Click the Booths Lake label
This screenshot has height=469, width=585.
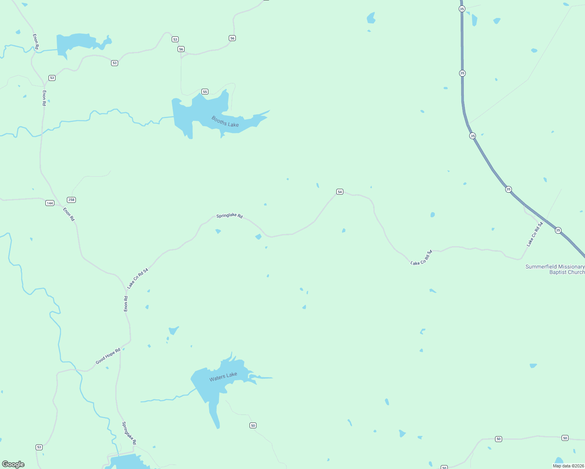pyautogui.click(x=225, y=121)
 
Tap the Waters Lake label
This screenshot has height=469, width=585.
pyautogui.click(x=223, y=377)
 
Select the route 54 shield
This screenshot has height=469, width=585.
pyautogui.click(x=340, y=192)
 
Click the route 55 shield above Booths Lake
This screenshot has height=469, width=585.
pyautogui.click(x=205, y=91)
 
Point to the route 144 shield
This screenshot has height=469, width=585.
pyautogui.click(x=50, y=203)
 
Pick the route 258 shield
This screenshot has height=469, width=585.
pyautogui.click(x=71, y=200)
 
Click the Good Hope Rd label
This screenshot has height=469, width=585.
pyautogui.click(x=108, y=356)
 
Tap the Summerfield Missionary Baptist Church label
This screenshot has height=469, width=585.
pyautogui.click(x=555, y=269)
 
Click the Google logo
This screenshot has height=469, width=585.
pyautogui.click(x=13, y=464)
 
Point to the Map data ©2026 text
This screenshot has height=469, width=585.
pyautogui.click(x=568, y=466)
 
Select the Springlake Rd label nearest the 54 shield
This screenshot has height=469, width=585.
pyautogui.click(x=230, y=216)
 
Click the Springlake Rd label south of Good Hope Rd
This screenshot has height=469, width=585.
pyautogui.click(x=129, y=433)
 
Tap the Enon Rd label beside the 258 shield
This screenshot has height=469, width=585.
pyautogui.click(x=69, y=214)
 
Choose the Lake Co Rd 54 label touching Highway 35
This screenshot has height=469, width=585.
pyautogui.click(x=535, y=234)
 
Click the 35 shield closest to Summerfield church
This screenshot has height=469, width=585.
pyautogui.click(x=558, y=230)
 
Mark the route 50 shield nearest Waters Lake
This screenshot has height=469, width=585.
pyautogui.click(x=253, y=425)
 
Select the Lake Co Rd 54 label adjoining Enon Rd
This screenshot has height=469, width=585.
pyautogui.click(x=138, y=278)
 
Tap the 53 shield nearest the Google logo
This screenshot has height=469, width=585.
pyautogui.click(x=39, y=447)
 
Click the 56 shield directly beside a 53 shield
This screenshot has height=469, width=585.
pyautogui.click(x=181, y=49)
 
